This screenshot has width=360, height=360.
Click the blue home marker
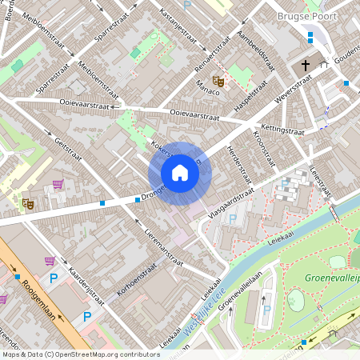click(180, 173)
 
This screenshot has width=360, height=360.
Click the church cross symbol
click(305, 65)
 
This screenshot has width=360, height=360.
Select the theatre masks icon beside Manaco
click(217, 80)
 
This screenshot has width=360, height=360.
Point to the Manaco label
click(207, 93)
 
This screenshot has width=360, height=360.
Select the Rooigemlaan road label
click(36, 296)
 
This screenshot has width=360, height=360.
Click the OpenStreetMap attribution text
click(80, 354)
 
